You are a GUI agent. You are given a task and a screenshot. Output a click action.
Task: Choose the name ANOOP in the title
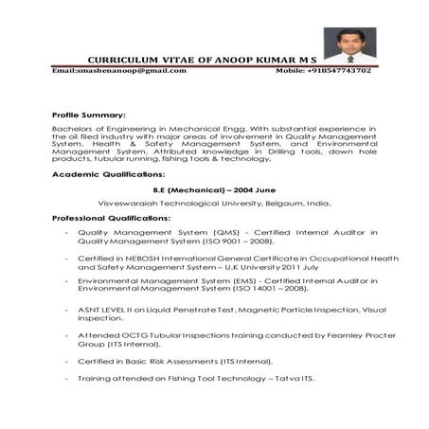244,59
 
